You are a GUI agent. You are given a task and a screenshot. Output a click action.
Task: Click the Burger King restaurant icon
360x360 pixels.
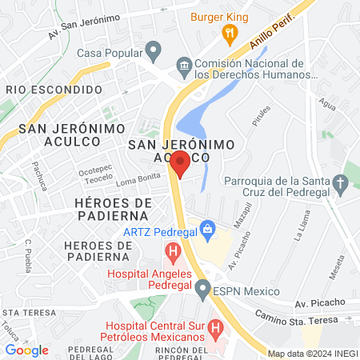[230, 33]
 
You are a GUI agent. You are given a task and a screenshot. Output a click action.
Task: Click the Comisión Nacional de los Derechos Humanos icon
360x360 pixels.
[183, 65]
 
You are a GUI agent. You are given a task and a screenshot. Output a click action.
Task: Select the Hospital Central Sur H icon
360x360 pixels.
[214, 328]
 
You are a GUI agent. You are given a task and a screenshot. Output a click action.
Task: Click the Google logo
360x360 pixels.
[26, 350]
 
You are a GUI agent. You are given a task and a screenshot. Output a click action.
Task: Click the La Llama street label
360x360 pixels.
[300, 230]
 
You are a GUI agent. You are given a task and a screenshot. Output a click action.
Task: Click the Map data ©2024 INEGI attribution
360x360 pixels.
[312, 353]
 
